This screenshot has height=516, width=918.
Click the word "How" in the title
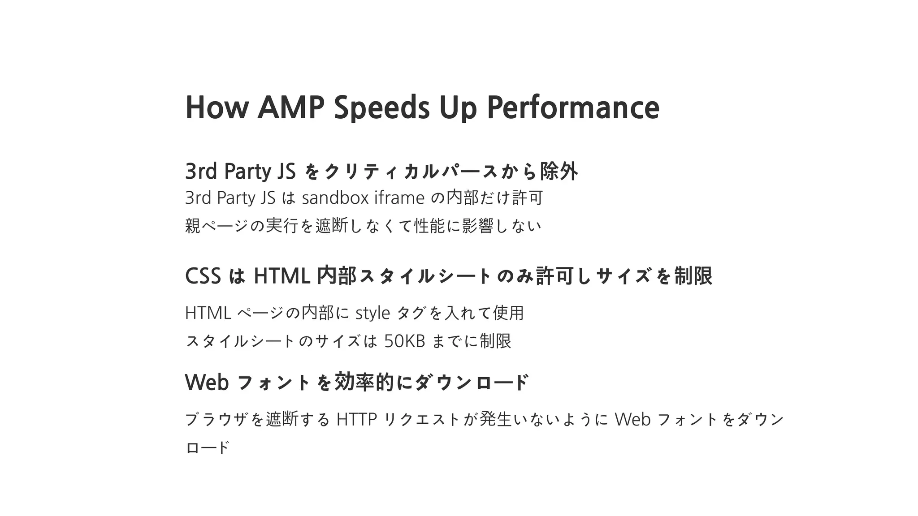coord(217,108)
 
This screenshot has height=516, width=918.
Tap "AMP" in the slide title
coord(290,108)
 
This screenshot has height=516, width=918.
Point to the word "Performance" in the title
coord(573,108)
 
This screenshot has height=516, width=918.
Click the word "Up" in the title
coord(458,108)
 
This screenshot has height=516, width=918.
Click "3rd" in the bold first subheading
coord(201,171)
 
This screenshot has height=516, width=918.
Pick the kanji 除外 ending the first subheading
coord(559,171)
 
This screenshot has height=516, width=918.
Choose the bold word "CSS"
coord(203,276)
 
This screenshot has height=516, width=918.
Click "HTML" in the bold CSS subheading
coord(282,276)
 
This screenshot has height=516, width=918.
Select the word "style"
coord(372,313)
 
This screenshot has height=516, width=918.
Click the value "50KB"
coord(404,341)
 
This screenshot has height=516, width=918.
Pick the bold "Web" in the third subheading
coord(207,382)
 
